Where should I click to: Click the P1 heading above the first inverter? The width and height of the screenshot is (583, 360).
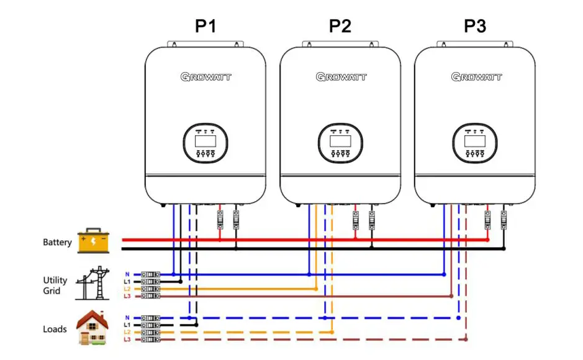pos(206,26)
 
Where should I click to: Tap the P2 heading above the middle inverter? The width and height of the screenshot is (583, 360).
pos(340,26)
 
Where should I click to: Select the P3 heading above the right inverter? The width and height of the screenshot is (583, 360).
pos(475,26)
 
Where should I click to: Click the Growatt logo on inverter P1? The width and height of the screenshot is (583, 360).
pos(206,77)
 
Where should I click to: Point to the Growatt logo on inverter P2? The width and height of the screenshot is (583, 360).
pos(341,77)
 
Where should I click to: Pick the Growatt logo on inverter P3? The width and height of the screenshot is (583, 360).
pos(476,77)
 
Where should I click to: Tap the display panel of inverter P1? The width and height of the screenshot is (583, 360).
pos(206,144)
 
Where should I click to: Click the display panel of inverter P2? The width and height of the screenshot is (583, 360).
pos(340,144)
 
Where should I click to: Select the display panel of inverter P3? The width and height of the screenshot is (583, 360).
pos(475,144)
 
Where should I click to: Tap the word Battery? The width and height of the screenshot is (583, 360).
pos(57,242)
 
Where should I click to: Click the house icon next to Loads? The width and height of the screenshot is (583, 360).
pos(93,327)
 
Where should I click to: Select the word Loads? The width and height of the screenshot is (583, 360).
pos(55,329)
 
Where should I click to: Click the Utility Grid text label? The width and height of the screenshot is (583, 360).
pos(55,286)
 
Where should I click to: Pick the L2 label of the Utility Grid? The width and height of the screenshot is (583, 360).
pos(127,289)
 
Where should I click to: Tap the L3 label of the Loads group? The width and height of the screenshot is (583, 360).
pos(127,340)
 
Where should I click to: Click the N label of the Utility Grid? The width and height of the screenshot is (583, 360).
pos(127,274)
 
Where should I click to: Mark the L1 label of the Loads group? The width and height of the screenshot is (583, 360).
pos(127,325)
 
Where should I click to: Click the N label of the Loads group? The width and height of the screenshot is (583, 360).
pos(127,317)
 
